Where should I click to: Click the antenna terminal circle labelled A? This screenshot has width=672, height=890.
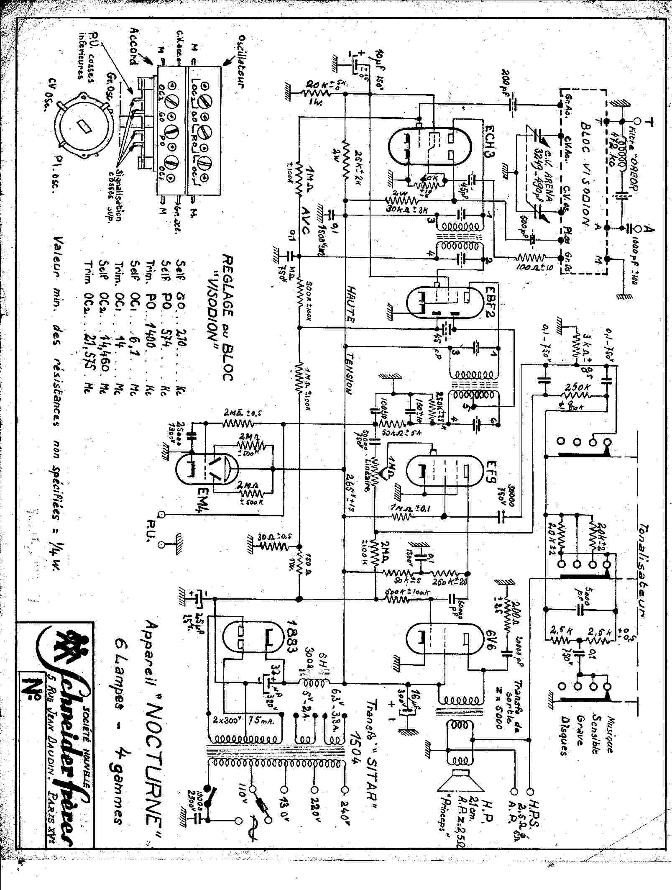639,228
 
